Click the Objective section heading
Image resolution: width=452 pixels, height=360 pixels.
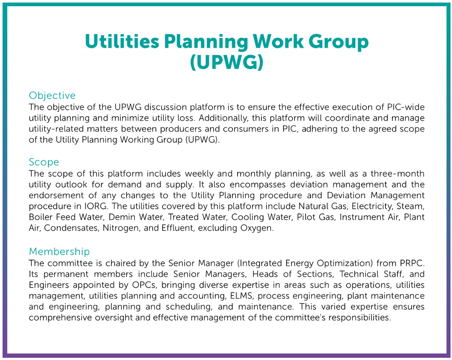point(52,96)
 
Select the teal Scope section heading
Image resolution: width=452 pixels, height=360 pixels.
point(44,162)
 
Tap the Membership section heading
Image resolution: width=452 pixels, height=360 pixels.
point(59,252)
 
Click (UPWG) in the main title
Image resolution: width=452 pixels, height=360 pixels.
point(227,62)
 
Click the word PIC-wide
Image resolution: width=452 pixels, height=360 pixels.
point(406,107)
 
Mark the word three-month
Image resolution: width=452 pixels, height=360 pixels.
point(397,174)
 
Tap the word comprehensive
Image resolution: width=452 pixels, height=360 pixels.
point(60,318)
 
